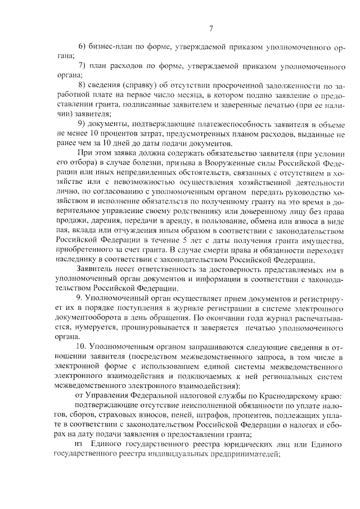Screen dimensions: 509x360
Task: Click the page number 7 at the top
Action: [210, 29]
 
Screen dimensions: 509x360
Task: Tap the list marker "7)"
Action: [81, 66]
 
